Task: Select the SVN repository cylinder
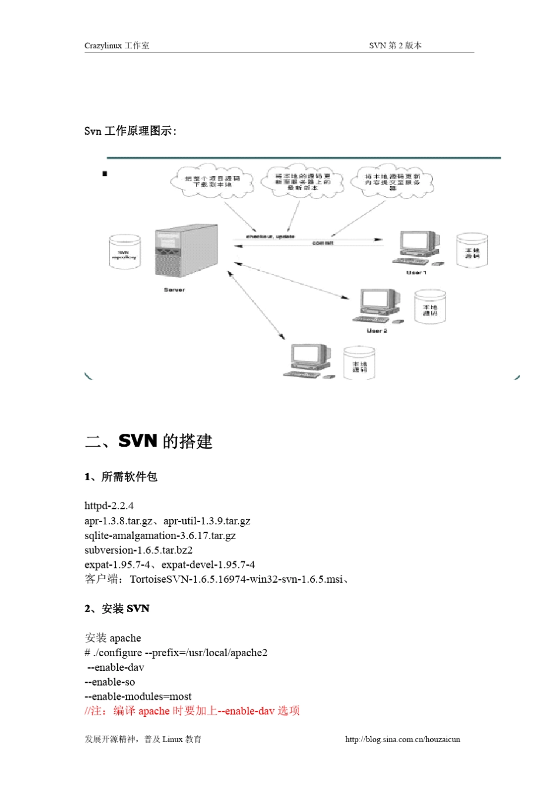(125, 252)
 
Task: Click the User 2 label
(377, 331)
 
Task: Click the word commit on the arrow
(322, 243)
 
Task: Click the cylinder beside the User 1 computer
(472, 250)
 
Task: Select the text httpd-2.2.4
(109, 506)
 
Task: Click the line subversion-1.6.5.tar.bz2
(138, 550)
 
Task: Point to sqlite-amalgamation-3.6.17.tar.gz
(160, 536)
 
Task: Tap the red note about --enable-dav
(192, 711)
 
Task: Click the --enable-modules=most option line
(138, 696)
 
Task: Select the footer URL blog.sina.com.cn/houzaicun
(402, 739)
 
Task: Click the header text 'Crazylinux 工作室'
(117, 45)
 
